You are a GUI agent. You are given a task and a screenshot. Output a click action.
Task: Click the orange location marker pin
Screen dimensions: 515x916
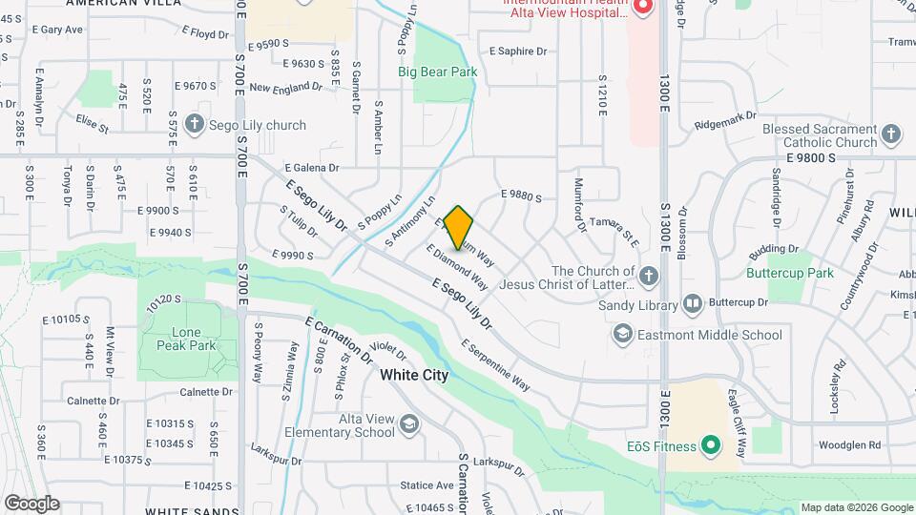[x=459, y=227]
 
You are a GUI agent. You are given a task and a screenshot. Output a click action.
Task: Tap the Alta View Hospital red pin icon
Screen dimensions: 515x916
[x=642, y=6]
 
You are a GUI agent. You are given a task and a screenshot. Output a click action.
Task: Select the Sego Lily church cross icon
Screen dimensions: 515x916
[x=195, y=125]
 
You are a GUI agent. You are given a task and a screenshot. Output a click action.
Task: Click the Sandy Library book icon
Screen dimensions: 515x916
[x=693, y=305]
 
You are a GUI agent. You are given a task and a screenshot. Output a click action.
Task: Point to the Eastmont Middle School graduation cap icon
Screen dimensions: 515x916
[x=623, y=334]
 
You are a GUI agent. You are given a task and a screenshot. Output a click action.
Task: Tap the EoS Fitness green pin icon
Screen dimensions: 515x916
[x=709, y=445]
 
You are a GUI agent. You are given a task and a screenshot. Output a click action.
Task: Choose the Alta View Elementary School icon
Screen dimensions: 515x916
[x=409, y=424]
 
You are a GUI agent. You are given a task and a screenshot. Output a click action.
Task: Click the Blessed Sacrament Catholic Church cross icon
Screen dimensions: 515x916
[x=891, y=135]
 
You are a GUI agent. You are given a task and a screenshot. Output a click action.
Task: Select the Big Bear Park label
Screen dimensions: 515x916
[x=437, y=72]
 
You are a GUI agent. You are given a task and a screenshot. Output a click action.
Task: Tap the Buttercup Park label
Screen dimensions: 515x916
[x=790, y=273]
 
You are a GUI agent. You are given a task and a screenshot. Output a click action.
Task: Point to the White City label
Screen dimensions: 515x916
[x=414, y=376]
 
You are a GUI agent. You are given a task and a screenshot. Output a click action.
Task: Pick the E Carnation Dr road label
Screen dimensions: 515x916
[x=339, y=341]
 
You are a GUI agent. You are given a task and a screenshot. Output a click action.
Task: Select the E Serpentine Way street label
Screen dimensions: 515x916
[x=495, y=365]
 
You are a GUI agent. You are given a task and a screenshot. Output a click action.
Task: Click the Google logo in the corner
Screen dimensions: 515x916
[x=31, y=504]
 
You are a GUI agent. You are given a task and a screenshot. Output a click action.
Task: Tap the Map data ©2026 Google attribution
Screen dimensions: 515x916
[x=856, y=507]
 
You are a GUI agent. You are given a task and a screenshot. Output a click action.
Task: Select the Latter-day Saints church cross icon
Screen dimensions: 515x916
[x=649, y=278]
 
